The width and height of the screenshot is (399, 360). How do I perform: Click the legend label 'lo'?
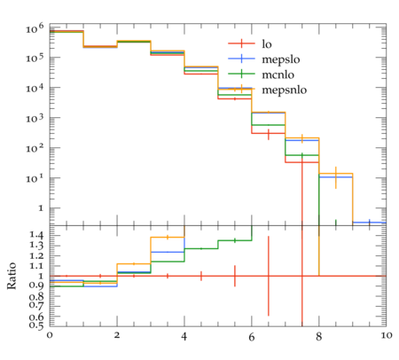[267, 43]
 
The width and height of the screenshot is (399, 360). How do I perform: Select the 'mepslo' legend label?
[281, 59]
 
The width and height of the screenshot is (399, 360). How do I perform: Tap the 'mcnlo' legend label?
[278, 74]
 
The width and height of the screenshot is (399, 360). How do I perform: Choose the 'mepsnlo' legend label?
[285, 90]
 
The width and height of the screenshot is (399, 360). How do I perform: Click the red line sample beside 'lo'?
[241, 43]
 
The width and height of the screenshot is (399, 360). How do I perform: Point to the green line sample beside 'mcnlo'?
[241, 74]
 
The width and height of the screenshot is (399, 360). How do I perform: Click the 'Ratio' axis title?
[12, 276]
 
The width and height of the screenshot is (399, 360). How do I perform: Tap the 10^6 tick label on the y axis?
[35, 28]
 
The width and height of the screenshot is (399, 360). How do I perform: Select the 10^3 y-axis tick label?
[35, 118]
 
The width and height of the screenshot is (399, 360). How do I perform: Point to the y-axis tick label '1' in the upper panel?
[41, 208]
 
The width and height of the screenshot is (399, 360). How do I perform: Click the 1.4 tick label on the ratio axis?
[36, 235]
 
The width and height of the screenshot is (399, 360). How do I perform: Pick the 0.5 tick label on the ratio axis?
[36, 325]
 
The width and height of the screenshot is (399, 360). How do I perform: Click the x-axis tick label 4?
[184, 336]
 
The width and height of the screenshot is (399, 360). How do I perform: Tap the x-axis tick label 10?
[386, 335]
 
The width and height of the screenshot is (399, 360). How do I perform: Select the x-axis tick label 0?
[50, 335]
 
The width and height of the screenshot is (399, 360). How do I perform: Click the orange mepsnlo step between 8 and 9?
[336, 174]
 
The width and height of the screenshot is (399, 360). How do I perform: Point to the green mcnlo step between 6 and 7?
[269, 125]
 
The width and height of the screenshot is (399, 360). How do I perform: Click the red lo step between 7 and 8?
[302, 162]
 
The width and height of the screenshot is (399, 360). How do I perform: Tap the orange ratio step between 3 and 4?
[168, 238]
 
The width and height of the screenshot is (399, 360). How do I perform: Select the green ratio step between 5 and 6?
[235, 240]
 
